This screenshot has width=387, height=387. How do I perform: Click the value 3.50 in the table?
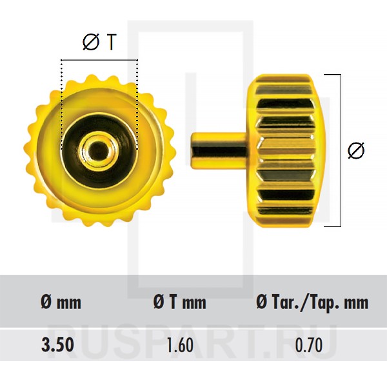(x=57, y=345)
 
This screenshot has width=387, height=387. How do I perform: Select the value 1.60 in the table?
(x=180, y=345)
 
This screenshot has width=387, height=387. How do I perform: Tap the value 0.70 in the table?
(x=309, y=345)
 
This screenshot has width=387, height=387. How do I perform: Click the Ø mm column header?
(x=61, y=302)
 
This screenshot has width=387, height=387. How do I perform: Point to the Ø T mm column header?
(x=179, y=302)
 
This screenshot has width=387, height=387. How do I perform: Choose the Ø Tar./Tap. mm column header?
(x=312, y=302)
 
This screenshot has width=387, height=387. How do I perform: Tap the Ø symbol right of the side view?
(x=356, y=150)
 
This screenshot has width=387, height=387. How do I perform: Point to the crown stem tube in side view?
(x=219, y=150)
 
